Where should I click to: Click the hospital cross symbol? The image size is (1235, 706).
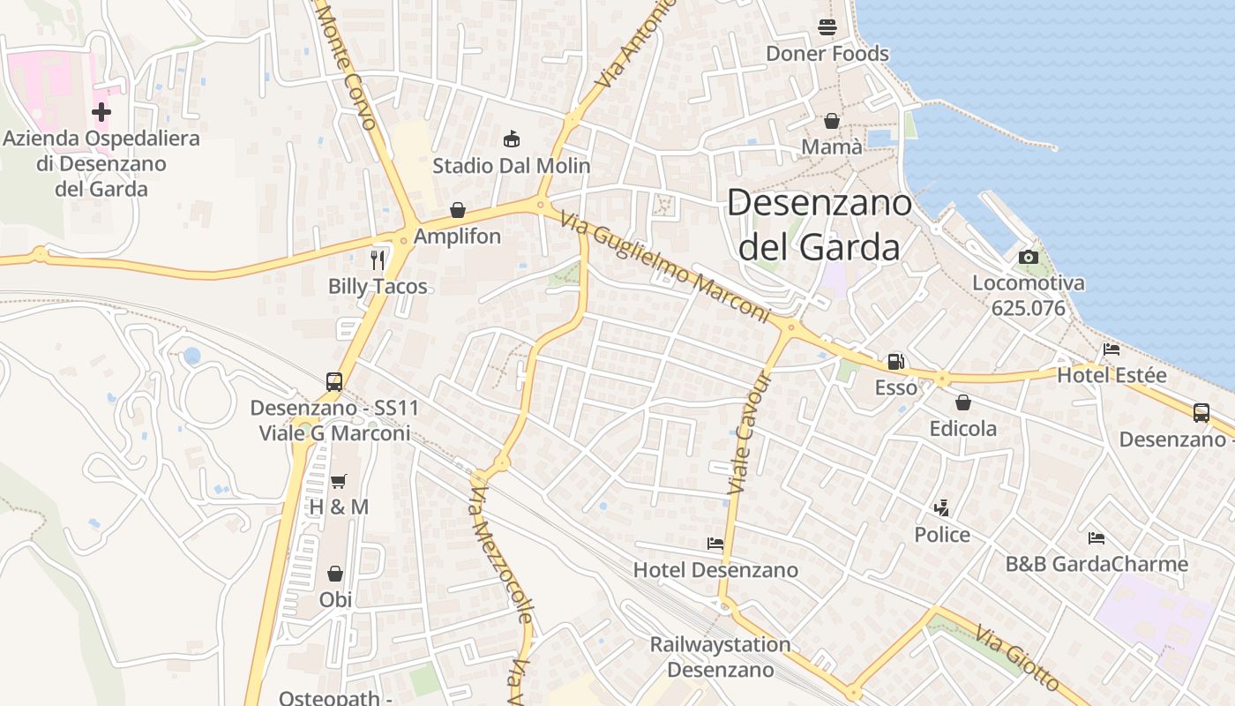tap(101, 112)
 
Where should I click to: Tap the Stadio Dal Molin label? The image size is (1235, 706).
tap(512, 165)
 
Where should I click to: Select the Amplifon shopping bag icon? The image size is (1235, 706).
tap(457, 210)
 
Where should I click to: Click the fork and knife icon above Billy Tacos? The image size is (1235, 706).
tap(378, 259)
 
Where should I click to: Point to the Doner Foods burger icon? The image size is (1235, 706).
tap(827, 26)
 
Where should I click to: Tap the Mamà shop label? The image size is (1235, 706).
tap(832, 146)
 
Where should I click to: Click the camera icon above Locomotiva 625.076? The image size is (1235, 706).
tap(1028, 258)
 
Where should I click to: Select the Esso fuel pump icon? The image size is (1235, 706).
tap(895, 361)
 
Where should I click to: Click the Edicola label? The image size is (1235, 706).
tap(963, 429)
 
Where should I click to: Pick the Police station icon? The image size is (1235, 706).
tap(942, 508)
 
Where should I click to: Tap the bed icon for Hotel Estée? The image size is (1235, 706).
tap(1111, 349)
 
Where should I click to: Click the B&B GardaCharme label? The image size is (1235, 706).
tap(1097, 564)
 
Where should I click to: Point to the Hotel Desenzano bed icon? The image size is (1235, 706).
tap(715, 544)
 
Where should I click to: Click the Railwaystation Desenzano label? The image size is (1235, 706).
tap(720, 657)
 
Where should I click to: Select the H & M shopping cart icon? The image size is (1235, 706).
tap(338, 481)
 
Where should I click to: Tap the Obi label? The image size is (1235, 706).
tap(335, 599)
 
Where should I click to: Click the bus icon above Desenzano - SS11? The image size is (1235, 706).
tap(334, 381)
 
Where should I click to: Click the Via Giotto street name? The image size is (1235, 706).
tap(1016, 657)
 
